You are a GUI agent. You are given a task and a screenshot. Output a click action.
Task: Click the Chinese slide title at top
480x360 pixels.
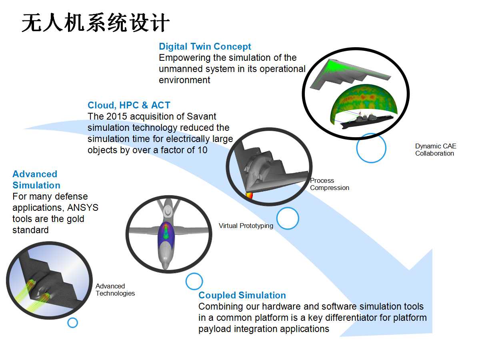[x=96, y=22]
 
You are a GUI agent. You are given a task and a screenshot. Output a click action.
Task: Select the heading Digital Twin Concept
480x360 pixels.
[x=205, y=46]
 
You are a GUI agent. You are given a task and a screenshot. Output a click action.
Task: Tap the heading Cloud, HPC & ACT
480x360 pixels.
[x=129, y=105]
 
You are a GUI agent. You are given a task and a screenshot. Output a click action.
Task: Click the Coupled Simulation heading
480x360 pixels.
[x=242, y=295]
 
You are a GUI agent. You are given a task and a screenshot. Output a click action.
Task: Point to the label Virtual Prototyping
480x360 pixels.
[x=246, y=226]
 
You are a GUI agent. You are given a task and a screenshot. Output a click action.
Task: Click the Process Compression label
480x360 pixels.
[x=330, y=184]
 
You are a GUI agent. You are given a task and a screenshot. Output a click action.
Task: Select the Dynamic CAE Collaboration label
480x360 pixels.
[x=436, y=150]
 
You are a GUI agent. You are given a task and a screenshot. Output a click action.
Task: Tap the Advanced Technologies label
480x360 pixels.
[x=115, y=290]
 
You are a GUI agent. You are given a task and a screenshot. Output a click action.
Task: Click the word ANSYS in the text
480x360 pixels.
[x=83, y=208]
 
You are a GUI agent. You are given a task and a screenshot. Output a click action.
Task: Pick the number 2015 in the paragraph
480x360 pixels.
[x=116, y=116]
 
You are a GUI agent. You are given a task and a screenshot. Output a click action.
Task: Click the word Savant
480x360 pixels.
[x=202, y=116]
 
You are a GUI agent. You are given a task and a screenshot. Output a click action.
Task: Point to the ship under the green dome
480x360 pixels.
[x=366, y=120]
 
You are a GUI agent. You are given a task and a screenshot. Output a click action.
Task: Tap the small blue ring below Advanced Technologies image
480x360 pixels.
[x=73, y=323]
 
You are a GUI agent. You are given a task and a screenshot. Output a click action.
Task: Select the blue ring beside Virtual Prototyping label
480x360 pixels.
[x=288, y=218]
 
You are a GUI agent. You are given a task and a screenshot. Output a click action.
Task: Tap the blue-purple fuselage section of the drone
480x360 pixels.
[x=166, y=234]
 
